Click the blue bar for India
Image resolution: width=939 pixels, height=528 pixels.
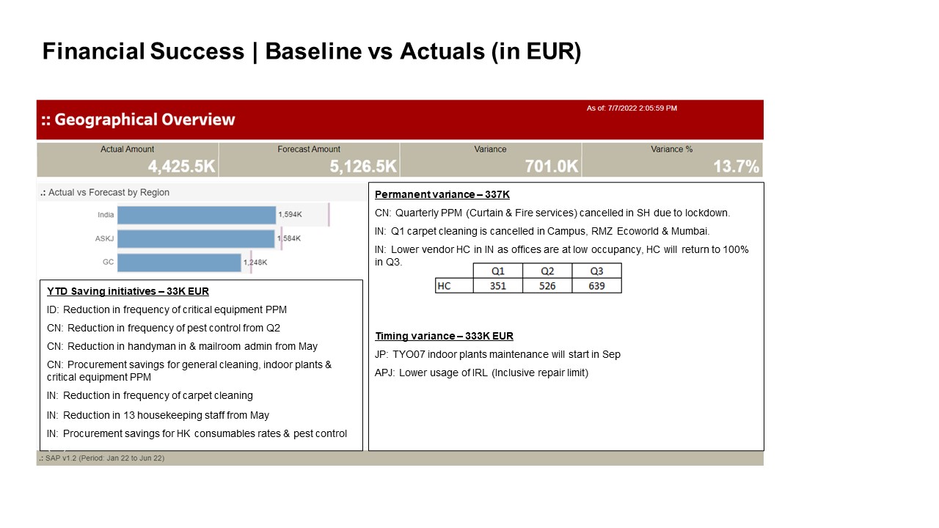[x=197, y=215]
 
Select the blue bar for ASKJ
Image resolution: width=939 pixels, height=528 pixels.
[x=196, y=239]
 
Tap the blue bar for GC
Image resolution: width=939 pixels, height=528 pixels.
[x=180, y=263]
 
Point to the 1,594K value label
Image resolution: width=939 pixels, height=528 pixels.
[x=290, y=215]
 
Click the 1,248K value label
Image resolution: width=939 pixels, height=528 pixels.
[x=255, y=263]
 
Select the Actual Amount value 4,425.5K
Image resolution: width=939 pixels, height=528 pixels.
[x=181, y=166]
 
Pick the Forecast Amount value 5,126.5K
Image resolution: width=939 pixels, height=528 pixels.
[x=363, y=166]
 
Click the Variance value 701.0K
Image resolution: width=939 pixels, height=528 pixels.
[x=552, y=166]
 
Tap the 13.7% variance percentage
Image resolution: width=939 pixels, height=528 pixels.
[x=736, y=166]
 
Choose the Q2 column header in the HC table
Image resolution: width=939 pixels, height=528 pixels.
[x=547, y=271]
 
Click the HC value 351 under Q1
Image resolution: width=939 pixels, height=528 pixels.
[x=498, y=286]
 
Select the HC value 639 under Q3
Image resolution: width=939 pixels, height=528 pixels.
[x=596, y=286]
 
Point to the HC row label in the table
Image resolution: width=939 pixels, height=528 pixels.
[x=444, y=286]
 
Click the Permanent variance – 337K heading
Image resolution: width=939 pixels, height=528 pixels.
[x=442, y=194]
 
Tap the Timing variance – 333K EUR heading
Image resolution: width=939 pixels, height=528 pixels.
[x=444, y=336]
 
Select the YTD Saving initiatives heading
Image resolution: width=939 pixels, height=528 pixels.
[x=128, y=291]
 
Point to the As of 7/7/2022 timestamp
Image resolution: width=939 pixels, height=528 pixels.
[x=632, y=108]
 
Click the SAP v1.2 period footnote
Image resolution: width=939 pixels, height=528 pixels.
[x=102, y=458]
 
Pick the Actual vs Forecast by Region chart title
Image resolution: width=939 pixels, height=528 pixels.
[x=105, y=192]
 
